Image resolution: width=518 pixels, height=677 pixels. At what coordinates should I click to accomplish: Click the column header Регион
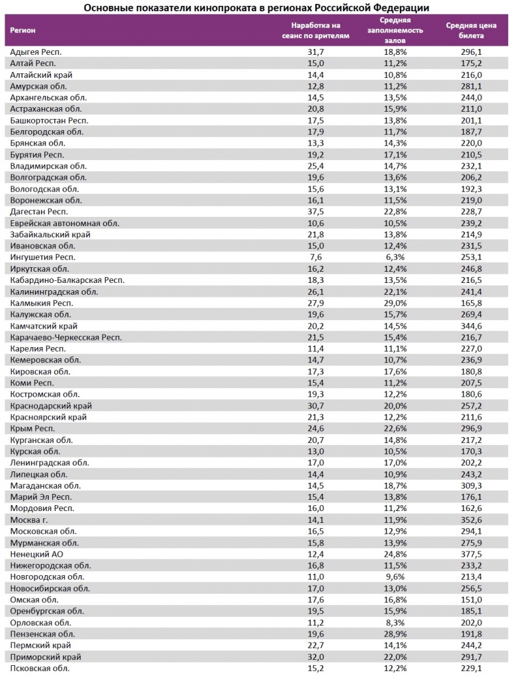(23, 30)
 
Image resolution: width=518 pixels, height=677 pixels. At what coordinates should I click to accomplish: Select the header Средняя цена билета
(467, 30)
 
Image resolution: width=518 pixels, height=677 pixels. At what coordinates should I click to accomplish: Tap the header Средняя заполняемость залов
(392, 30)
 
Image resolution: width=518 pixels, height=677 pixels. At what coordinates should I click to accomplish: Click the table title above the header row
(256, 7)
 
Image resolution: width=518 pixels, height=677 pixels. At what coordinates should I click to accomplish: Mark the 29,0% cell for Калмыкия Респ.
(392, 303)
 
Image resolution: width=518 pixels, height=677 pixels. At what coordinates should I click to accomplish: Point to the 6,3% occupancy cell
(392, 257)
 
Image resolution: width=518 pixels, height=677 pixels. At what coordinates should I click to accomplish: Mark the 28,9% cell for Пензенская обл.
(392, 634)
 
